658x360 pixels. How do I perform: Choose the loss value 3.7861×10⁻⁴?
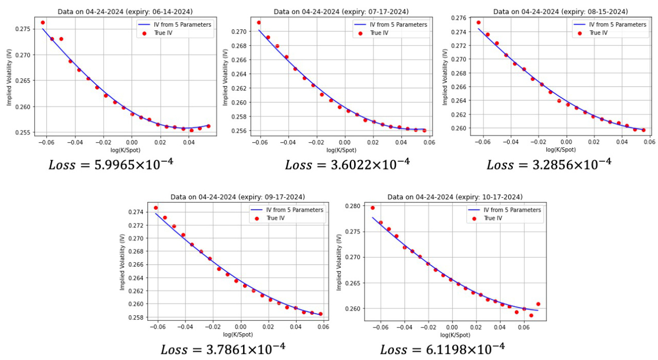(x=223, y=349)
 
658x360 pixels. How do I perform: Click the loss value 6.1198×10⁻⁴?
(x=442, y=349)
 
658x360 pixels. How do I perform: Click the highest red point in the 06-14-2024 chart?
(x=43, y=23)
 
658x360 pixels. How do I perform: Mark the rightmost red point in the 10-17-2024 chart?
(x=538, y=304)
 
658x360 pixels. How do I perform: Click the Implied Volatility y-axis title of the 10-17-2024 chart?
(x=338, y=262)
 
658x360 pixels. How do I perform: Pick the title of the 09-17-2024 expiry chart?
(x=237, y=197)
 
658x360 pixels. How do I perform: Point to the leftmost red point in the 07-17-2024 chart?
(x=259, y=23)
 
